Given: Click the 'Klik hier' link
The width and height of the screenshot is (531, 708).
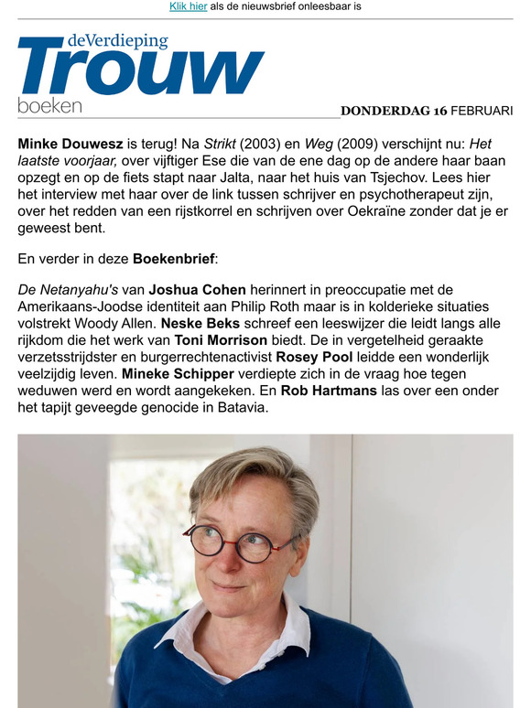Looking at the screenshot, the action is pyautogui.click(x=188, y=6).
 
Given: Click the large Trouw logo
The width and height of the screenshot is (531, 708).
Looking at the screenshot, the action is pyautogui.click(x=141, y=70).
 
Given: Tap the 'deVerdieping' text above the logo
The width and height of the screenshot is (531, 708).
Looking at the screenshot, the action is pyautogui.click(x=117, y=41).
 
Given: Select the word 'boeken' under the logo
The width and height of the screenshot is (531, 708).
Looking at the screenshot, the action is pyautogui.click(x=49, y=105).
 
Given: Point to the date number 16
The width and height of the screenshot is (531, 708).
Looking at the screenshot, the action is pyautogui.click(x=440, y=111).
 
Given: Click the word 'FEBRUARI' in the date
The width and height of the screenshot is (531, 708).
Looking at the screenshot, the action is pyautogui.click(x=482, y=111).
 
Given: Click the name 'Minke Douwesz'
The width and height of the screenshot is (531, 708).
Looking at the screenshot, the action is pyautogui.click(x=70, y=144).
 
